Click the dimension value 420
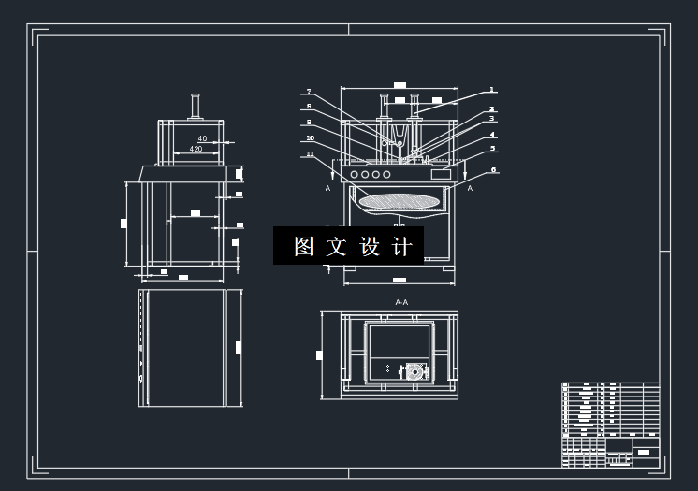(196, 149)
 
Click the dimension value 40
(202, 138)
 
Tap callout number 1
(491, 91)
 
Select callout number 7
(308, 92)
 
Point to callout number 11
(310, 154)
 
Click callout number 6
(493, 170)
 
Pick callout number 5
(493, 149)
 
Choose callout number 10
(310, 138)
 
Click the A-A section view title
(401, 302)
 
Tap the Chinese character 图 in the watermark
(303, 246)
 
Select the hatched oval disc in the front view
(399, 199)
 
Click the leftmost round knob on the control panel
(355, 174)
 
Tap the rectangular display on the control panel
(440, 174)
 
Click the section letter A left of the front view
(327, 188)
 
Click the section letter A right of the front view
(470, 188)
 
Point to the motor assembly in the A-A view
(412, 371)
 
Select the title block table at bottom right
(610, 425)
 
